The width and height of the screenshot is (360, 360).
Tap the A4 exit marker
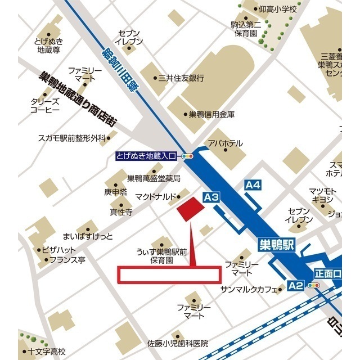click(x=253, y=184)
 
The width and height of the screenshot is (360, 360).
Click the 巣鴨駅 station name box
click(x=277, y=245)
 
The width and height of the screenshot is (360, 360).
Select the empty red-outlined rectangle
click(x=169, y=274)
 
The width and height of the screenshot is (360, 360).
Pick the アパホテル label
click(x=225, y=143)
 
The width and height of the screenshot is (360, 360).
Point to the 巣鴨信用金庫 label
click(x=211, y=114)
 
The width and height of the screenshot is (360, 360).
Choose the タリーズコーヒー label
click(x=45, y=106)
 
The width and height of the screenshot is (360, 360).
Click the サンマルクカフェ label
click(x=249, y=290)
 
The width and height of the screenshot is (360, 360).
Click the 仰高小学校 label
click(x=277, y=10)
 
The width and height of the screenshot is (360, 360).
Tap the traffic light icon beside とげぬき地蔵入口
click(x=187, y=157)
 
